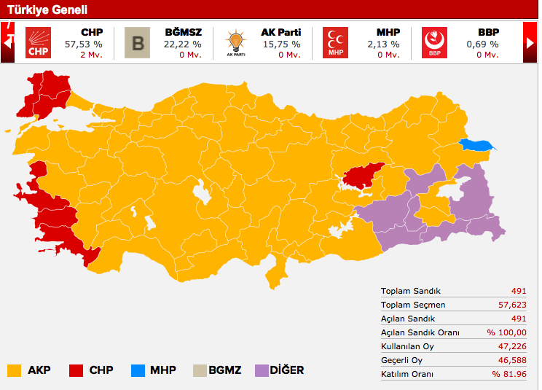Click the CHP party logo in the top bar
[x=39, y=43]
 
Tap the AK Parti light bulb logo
[x=235, y=43]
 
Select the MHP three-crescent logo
[x=335, y=43]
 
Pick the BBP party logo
[x=434, y=43]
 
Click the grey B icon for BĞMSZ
[x=137, y=43]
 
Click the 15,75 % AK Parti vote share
[x=280, y=44]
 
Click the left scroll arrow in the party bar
[x=8, y=43]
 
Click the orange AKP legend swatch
[x=14, y=370]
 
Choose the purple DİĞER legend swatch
[x=262, y=370]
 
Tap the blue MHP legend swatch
[x=138, y=370]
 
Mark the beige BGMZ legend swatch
[x=200, y=370]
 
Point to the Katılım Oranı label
[x=406, y=374]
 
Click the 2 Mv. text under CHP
[x=90, y=55]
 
